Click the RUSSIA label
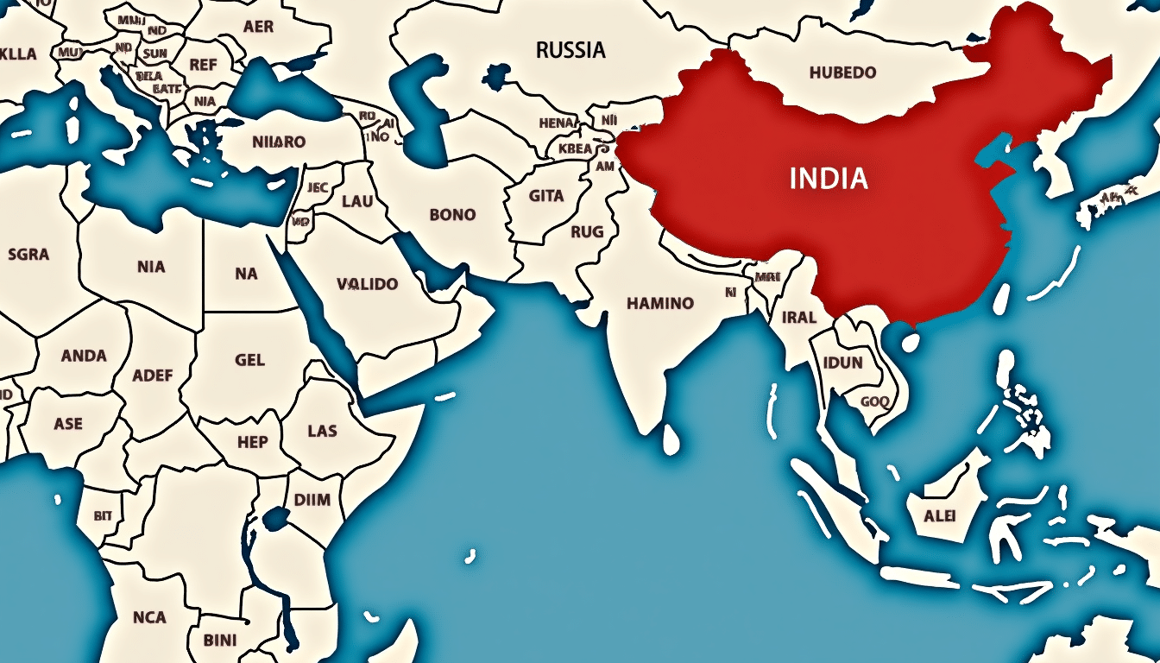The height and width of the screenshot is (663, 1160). click(571, 50)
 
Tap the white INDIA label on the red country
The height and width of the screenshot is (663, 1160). click(829, 179)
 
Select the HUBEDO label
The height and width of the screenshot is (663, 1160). click(842, 73)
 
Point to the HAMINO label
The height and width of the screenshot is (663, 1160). click(660, 303)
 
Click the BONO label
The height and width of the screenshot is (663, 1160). click(451, 214)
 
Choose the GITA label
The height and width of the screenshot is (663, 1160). click(546, 196)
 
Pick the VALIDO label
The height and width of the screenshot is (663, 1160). click(367, 283)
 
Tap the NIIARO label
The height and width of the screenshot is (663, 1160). click(279, 141)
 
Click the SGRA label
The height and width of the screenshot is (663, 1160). click(28, 255)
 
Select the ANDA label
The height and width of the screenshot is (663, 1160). click(84, 355)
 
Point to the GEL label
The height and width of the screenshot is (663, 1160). click(249, 359)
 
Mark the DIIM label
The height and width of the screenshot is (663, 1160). click(312, 500)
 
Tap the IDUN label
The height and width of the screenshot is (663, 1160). click(843, 363)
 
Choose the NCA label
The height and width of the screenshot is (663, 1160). click(149, 616)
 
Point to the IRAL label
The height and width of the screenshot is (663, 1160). click(798, 317)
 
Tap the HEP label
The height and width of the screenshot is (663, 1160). click(251, 442)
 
